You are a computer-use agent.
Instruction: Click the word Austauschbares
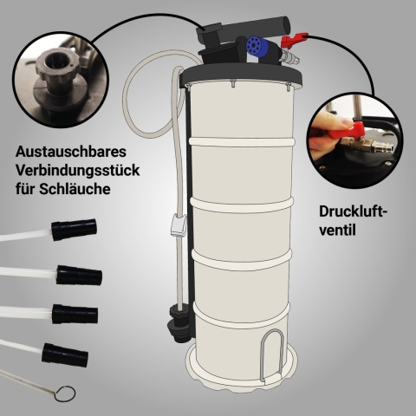(x=71, y=152)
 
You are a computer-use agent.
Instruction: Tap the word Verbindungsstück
(x=77, y=171)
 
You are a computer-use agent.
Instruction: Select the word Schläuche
(x=75, y=189)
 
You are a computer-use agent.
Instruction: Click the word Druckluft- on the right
(x=353, y=211)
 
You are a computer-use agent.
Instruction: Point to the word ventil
(x=337, y=231)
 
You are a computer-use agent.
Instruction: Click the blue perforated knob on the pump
(x=257, y=48)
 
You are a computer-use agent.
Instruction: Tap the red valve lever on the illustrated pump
(x=294, y=40)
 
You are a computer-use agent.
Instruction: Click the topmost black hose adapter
(x=74, y=230)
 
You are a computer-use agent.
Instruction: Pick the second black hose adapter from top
(x=79, y=276)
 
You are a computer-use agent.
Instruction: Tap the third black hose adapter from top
(x=75, y=314)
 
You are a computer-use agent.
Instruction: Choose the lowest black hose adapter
(x=65, y=354)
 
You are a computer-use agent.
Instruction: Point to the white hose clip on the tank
(x=178, y=225)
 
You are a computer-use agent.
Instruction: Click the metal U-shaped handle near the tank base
(x=270, y=356)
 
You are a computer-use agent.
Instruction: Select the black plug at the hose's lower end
(x=178, y=323)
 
